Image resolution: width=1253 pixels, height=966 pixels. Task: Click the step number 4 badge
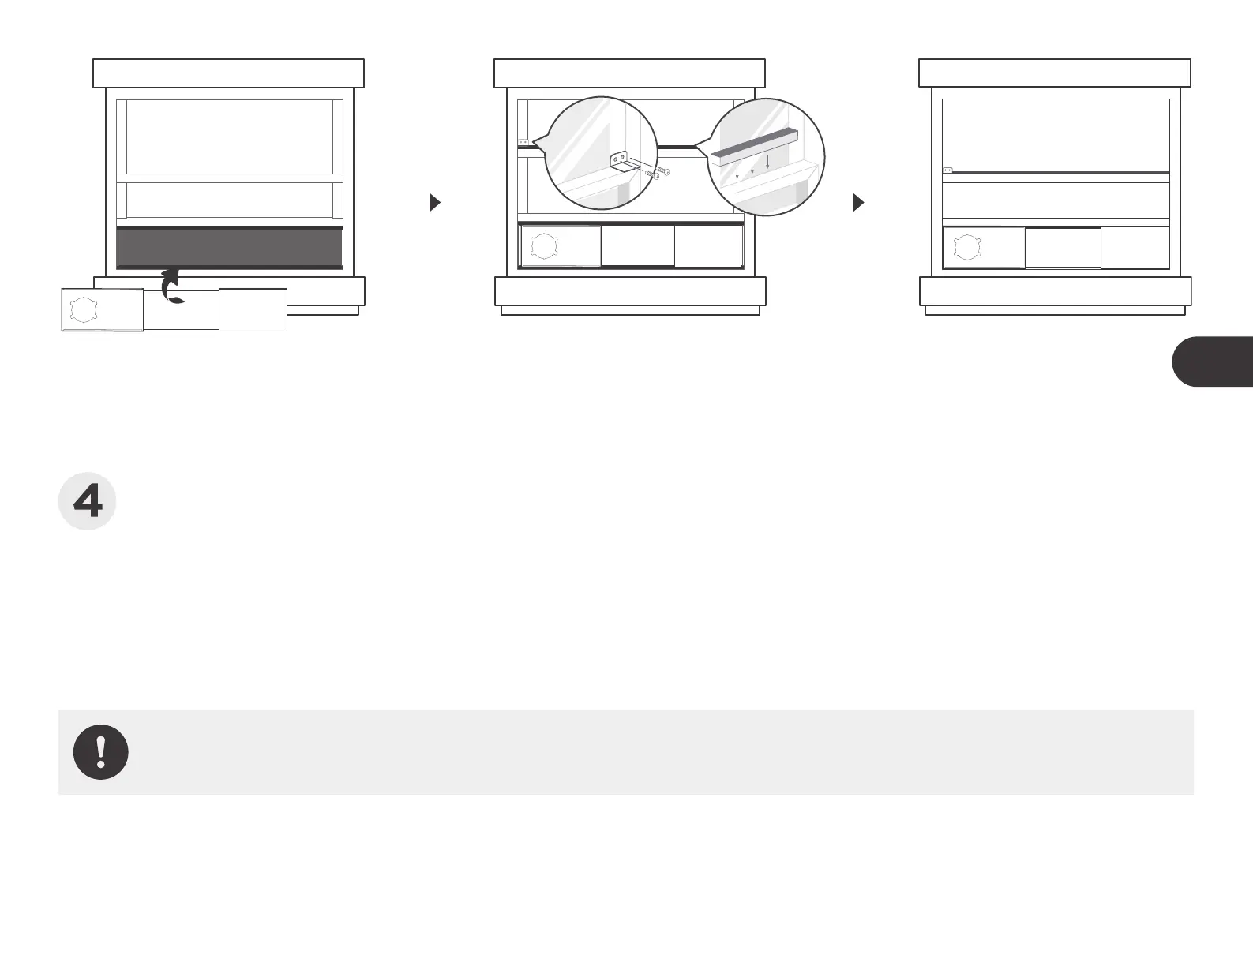(88, 502)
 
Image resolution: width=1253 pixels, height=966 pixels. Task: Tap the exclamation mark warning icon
(101, 752)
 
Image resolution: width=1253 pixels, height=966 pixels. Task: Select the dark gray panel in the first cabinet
(230, 248)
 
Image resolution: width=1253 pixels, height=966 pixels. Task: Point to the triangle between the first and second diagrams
(433, 203)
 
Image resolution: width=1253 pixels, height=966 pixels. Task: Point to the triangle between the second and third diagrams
(858, 203)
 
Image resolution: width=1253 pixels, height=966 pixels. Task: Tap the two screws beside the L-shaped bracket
(657, 172)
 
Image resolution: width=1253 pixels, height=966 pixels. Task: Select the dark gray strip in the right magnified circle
(754, 148)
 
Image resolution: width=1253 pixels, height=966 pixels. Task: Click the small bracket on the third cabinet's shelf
(948, 170)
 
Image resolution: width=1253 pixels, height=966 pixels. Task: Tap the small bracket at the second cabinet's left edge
(523, 142)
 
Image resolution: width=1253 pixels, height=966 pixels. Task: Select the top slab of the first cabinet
(228, 73)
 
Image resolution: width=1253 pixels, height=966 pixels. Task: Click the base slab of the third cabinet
(1055, 291)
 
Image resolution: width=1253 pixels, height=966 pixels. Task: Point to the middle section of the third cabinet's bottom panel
(1063, 248)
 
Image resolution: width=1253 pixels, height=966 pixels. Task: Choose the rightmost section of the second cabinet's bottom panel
(709, 246)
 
